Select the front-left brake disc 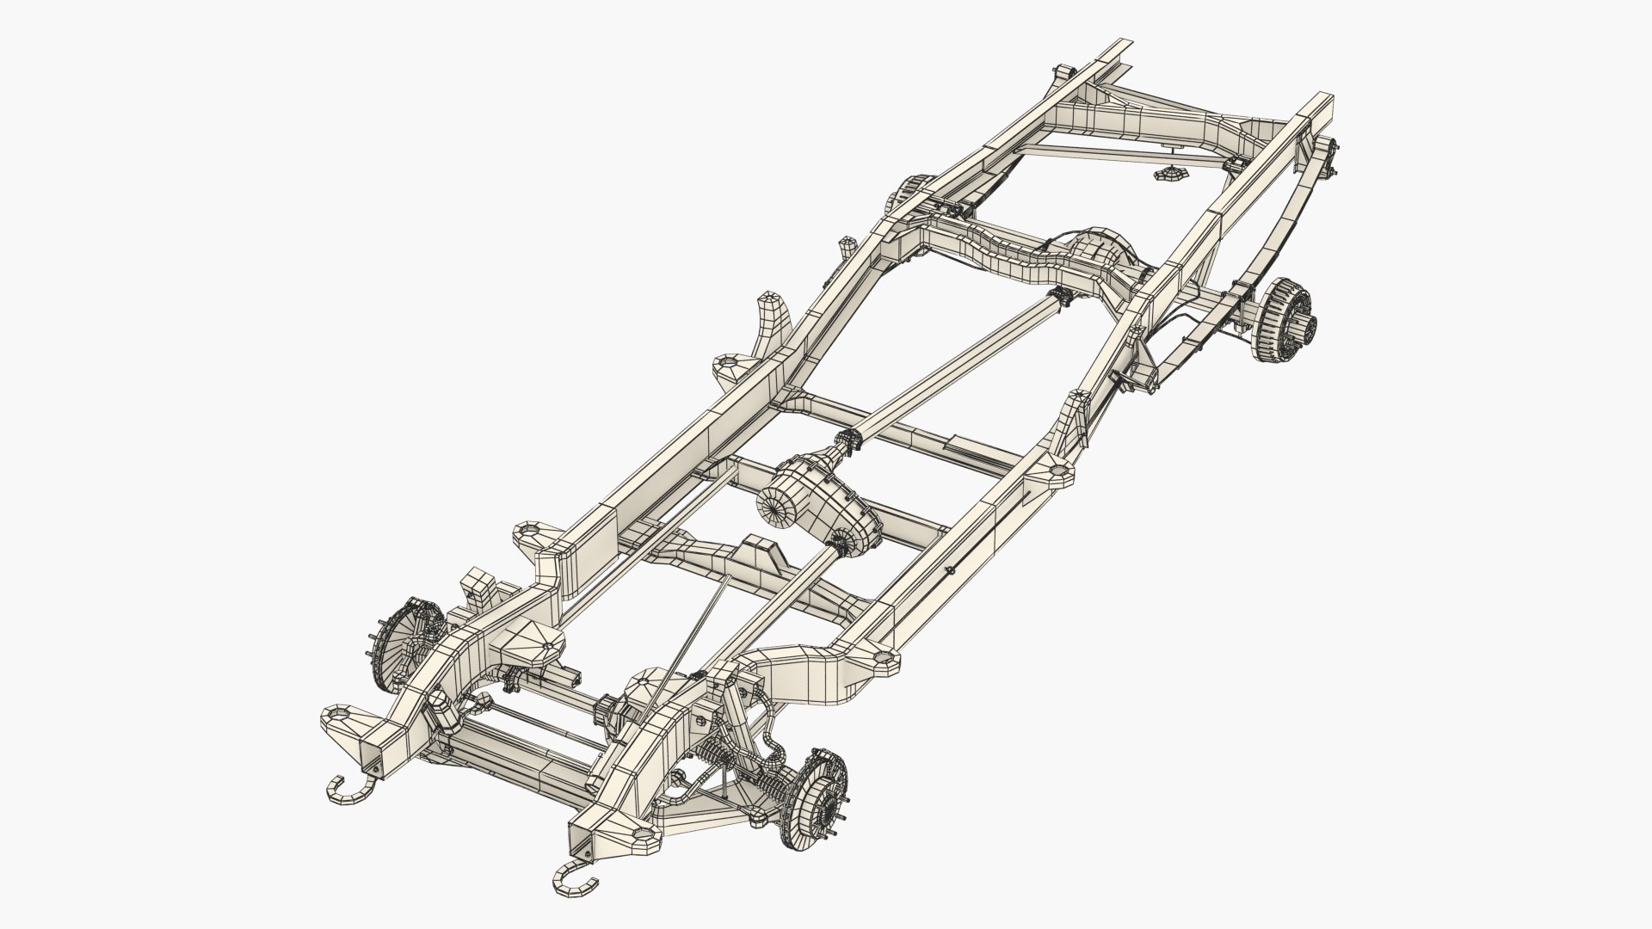coord(401,637)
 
